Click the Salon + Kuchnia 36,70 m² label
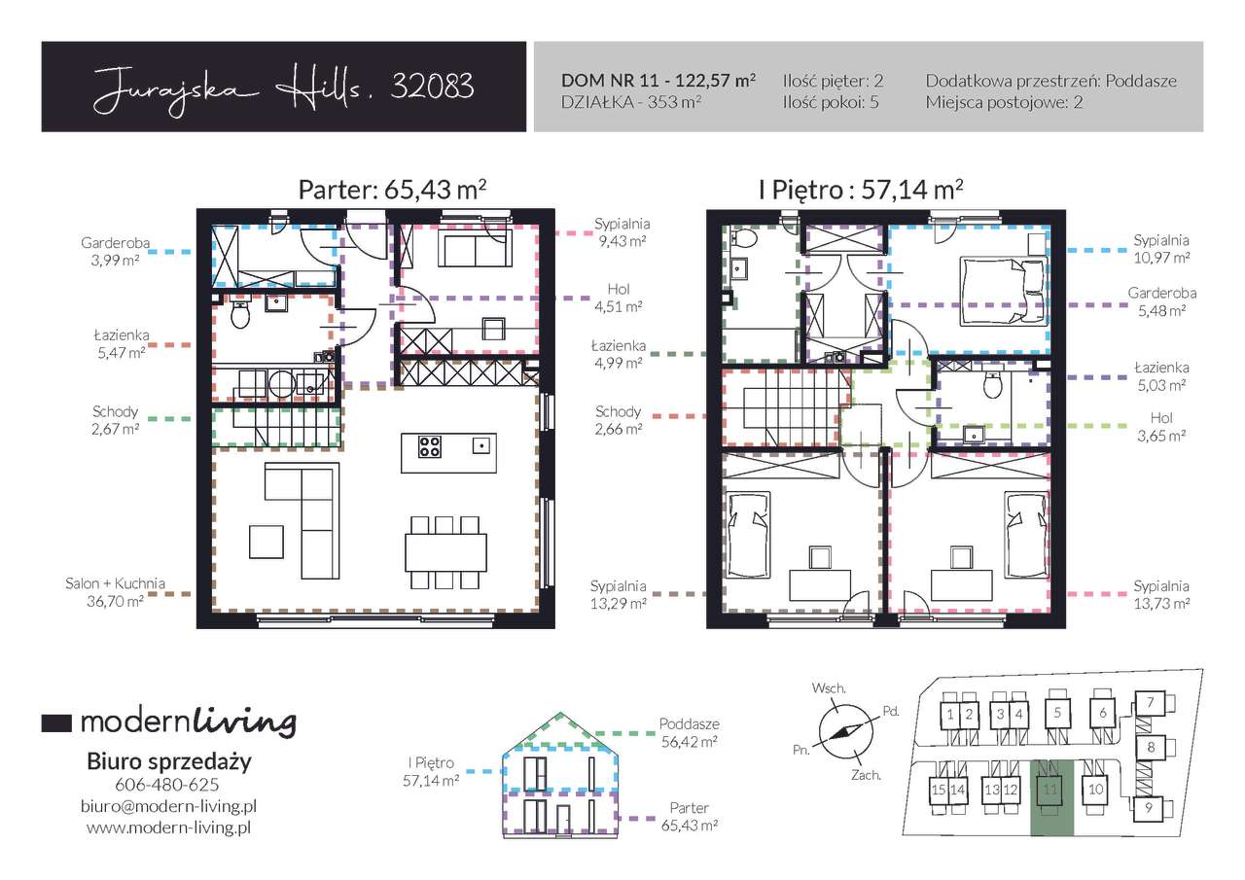[115, 591]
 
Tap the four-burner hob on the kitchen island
[430, 446]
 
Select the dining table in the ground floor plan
[445, 552]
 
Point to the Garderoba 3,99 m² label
[115, 251]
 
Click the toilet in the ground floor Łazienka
[240, 315]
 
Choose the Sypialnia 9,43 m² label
[622, 232]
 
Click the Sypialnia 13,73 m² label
[1161, 594]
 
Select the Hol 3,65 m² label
[1161, 427]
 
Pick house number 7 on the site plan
[1150, 703]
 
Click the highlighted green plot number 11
[1049, 790]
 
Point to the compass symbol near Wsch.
[845, 731]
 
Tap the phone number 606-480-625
[166, 785]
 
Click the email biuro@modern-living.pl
[168, 806]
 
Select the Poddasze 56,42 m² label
[690, 732]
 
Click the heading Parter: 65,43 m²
[392, 190]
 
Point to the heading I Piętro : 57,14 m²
[861, 190]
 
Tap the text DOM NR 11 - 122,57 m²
[658, 81]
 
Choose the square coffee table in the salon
[267, 542]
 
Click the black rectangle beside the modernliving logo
[56, 722]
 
